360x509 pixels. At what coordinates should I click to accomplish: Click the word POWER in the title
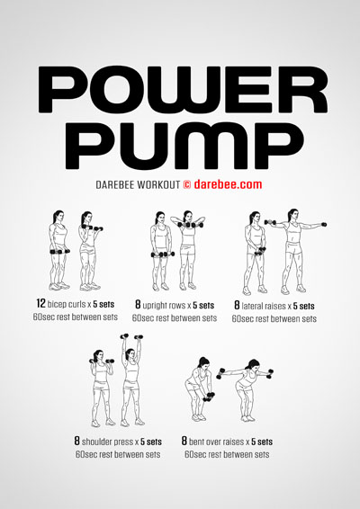coord(183,90)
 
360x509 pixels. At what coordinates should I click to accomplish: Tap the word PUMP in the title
coord(184,146)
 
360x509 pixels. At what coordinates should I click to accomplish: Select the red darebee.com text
coord(228,184)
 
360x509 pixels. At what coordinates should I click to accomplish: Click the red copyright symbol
coord(187,184)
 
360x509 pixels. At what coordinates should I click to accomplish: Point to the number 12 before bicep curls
coord(40,304)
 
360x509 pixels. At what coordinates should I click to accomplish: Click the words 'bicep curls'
coord(67,304)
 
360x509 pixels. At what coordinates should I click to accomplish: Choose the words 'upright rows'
coord(165,306)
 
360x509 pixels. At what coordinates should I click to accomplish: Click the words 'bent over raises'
coord(216,442)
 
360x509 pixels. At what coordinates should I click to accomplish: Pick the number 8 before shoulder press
coord(77,442)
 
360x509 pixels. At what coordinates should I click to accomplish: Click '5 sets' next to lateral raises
coord(304,306)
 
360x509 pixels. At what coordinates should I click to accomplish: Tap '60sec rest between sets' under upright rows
coord(175,318)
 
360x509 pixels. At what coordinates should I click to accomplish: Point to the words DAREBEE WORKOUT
coord(138,184)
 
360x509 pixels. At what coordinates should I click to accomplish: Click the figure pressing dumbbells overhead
coord(132,380)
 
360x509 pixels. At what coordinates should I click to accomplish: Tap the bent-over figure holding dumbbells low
coord(199,389)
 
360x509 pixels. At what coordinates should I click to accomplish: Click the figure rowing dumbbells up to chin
coord(188,250)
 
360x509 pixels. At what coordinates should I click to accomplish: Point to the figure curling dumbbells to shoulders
coord(90,251)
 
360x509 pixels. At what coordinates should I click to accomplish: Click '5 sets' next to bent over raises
coord(262,442)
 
